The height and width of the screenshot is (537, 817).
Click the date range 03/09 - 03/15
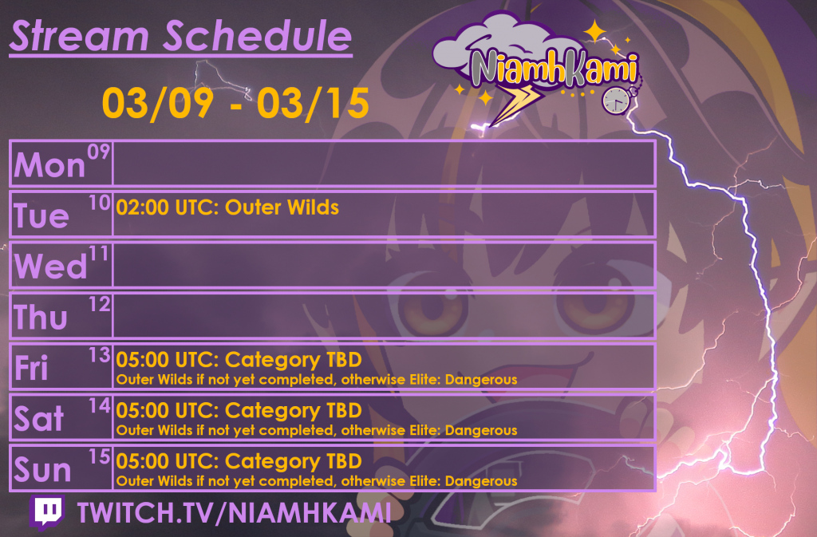coord(235,104)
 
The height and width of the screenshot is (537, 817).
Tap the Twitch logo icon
coord(49,513)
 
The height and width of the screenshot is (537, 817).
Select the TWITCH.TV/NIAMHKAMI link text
coord(235,513)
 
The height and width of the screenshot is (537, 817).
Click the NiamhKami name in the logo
coord(554,68)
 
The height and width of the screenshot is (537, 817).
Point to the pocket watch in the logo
coord(615,100)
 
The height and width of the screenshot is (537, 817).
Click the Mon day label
coord(50,165)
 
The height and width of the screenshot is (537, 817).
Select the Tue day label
coord(41,215)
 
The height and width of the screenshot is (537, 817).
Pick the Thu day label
coord(41,317)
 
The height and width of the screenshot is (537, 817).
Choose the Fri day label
coord(32,368)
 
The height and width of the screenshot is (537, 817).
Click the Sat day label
coord(39,418)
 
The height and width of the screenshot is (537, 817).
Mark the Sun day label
coord(42,470)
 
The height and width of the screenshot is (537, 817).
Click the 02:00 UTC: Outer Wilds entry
coord(227,207)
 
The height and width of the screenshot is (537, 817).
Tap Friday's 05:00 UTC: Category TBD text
coord(239,359)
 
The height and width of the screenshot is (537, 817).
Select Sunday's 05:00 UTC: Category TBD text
coord(239,461)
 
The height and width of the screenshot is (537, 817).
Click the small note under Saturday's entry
coord(317,431)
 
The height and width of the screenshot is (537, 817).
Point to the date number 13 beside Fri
coord(100,356)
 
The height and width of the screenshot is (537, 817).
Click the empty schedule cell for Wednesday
coord(383,265)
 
